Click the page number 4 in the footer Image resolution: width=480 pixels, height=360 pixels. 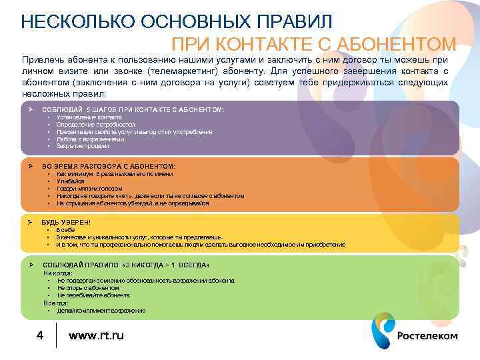point(39,335)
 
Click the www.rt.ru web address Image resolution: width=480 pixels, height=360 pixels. point(96,335)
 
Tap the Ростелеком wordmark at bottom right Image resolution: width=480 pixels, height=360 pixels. point(427,335)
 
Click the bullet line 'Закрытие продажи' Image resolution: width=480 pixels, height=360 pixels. point(83,146)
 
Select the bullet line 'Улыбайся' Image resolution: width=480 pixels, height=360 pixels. point(71,181)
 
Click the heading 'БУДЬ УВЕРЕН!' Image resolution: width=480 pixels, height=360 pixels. point(66,222)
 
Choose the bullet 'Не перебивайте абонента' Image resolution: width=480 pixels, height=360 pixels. point(93,295)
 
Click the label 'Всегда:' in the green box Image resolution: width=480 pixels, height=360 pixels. point(56,303)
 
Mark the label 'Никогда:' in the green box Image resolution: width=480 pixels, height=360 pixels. point(58,273)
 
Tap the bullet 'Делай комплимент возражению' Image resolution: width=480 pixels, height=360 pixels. point(101,311)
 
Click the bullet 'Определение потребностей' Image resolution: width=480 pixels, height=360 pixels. point(95,125)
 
